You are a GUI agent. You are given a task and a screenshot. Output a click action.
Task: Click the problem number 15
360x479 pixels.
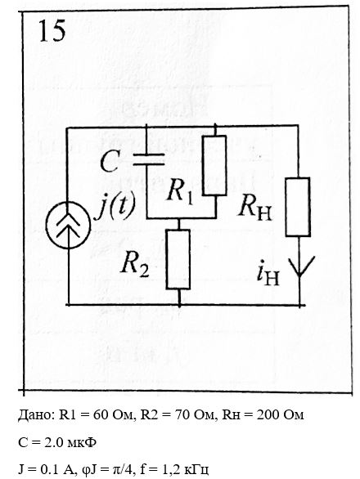pyautogui.click(x=52, y=30)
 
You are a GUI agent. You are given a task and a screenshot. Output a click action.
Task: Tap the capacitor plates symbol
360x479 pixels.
pyautogui.click(x=149, y=159)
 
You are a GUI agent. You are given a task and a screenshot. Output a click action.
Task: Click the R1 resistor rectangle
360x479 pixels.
pyautogui.click(x=214, y=165)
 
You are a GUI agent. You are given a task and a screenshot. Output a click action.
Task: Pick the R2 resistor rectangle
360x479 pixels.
pyautogui.click(x=178, y=259)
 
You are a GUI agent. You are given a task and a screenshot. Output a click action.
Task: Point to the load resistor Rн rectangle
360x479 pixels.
pyautogui.click(x=298, y=207)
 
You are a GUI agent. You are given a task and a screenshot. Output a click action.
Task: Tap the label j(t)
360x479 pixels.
pyautogui.click(x=115, y=207)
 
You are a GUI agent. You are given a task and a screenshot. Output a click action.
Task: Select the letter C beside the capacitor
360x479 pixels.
pyautogui.click(x=109, y=162)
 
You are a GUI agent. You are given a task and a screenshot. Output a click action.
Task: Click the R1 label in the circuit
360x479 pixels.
pyautogui.click(x=180, y=192)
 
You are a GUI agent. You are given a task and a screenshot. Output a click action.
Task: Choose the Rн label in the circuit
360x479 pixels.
pyautogui.click(x=254, y=207)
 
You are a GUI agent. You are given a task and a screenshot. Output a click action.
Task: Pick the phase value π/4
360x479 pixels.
pyautogui.click(x=124, y=469)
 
